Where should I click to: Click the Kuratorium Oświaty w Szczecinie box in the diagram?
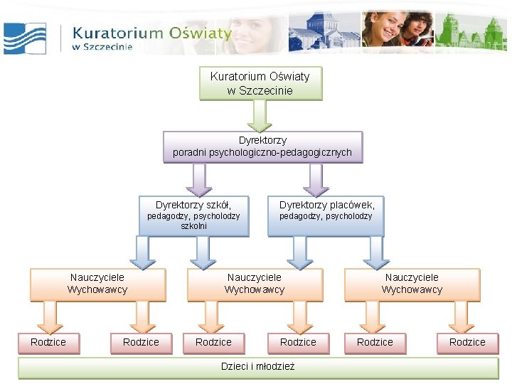(x=260, y=83)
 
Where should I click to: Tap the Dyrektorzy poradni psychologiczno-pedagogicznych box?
(x=262, y=146)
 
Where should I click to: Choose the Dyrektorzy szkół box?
(x=193, y=215)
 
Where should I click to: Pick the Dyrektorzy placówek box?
(x=326, y=215)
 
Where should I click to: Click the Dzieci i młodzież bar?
(x=258, y=367)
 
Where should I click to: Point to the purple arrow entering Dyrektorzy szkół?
(x=199, y=179)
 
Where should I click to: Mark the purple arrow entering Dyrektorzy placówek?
(x=316, y=179)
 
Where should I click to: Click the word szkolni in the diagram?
(x=194, y=226)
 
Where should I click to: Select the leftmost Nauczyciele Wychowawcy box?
(x=97, y=284)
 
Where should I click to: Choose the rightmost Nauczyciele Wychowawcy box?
(x=412, y=284)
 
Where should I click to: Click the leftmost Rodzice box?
(x=48, y=343)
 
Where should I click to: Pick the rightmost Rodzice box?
(x=467, y=343)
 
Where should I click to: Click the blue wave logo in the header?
(x=25, y=38)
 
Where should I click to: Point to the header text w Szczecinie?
(x=102, y=47)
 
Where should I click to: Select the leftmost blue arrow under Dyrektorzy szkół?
(x=144, y=252)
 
